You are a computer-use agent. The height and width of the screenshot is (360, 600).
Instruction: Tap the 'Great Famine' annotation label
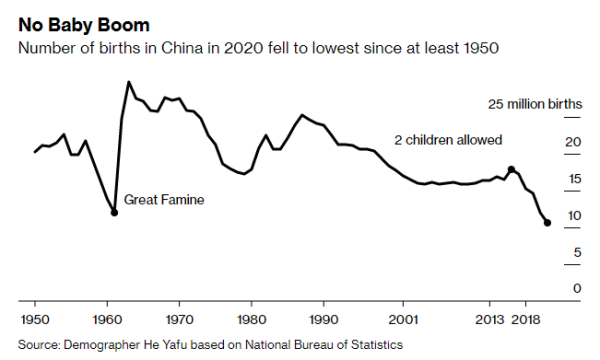(164, 200)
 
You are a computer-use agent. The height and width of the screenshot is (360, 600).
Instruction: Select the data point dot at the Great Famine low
(114, 212)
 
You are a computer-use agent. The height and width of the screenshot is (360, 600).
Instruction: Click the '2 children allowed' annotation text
(448, 140)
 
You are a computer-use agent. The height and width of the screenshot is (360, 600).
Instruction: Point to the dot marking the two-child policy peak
(511, 169)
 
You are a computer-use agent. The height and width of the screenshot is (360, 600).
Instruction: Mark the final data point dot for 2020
(547, 222)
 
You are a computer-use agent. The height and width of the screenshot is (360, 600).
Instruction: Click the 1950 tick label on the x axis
(35, 321)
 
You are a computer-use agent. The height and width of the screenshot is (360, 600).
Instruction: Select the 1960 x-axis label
(108, 321)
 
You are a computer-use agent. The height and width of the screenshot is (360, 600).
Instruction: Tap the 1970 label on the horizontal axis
(179, 321)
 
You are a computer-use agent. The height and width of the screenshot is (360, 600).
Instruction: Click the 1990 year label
(323, 321)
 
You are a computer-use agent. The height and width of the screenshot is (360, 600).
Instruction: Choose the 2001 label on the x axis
(403, 321)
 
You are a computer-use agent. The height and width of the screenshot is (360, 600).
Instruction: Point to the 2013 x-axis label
(490, 321)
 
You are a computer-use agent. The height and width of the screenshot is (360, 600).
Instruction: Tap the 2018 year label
(527, 321)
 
